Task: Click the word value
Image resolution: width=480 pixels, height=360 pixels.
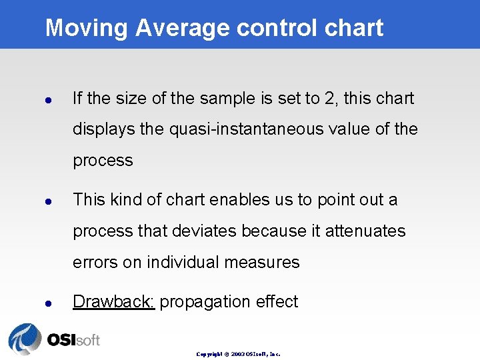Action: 349,129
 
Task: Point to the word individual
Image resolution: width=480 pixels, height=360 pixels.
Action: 183,262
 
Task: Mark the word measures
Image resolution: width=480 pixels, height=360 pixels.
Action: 262,262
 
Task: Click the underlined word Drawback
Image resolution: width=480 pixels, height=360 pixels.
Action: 113,301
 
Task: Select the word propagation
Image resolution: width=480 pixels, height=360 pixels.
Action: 204,302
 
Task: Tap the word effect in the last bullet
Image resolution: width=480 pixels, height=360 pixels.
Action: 276,301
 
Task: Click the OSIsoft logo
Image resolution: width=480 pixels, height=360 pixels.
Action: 54,339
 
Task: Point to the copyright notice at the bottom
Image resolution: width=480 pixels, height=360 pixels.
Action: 238,354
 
